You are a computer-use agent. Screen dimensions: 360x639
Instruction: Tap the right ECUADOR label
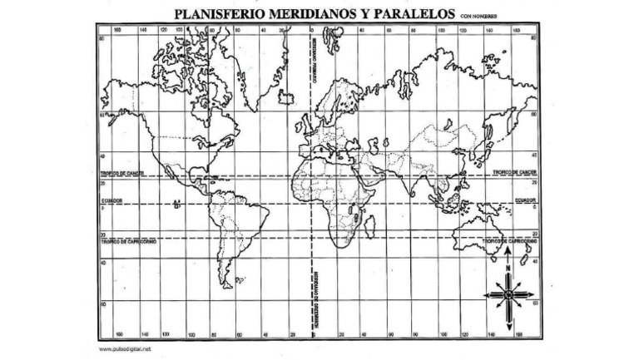pos(526,200)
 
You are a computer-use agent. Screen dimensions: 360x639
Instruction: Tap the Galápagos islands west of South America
pos(177,204)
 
